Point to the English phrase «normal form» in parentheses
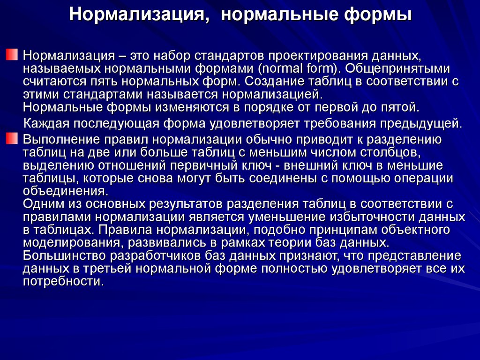(x=298, y=69)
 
